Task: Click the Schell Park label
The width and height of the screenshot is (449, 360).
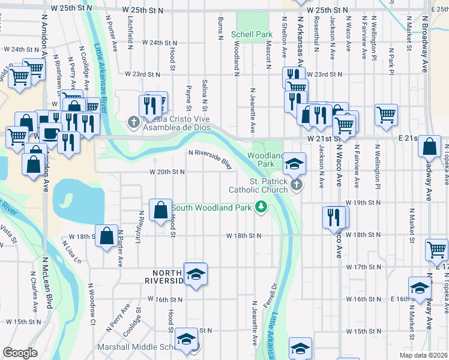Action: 252,35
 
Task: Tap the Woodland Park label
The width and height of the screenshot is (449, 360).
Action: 261,159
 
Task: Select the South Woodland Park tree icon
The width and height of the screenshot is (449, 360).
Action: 261,208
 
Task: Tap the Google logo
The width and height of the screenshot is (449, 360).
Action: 20,352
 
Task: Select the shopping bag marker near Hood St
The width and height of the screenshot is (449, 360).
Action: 161,211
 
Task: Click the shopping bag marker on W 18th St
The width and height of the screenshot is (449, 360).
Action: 106,236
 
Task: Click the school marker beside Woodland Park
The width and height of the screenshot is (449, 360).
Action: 295,163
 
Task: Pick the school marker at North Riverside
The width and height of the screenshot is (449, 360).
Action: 196,275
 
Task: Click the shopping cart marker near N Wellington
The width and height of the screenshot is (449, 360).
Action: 386,115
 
